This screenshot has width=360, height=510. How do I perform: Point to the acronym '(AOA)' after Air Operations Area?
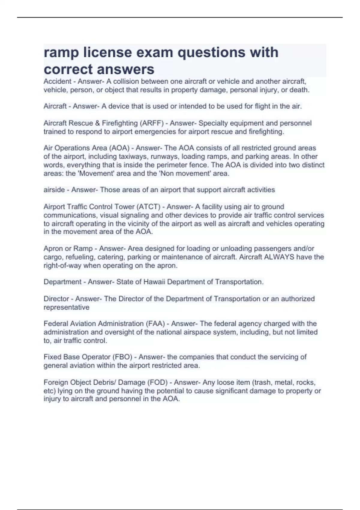pos(119,148)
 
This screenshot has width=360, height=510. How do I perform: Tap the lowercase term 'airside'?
pos(54,190)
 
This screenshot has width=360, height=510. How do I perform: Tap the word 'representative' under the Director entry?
pos(66,307)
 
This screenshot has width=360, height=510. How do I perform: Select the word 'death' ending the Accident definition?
pos(298,90)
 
